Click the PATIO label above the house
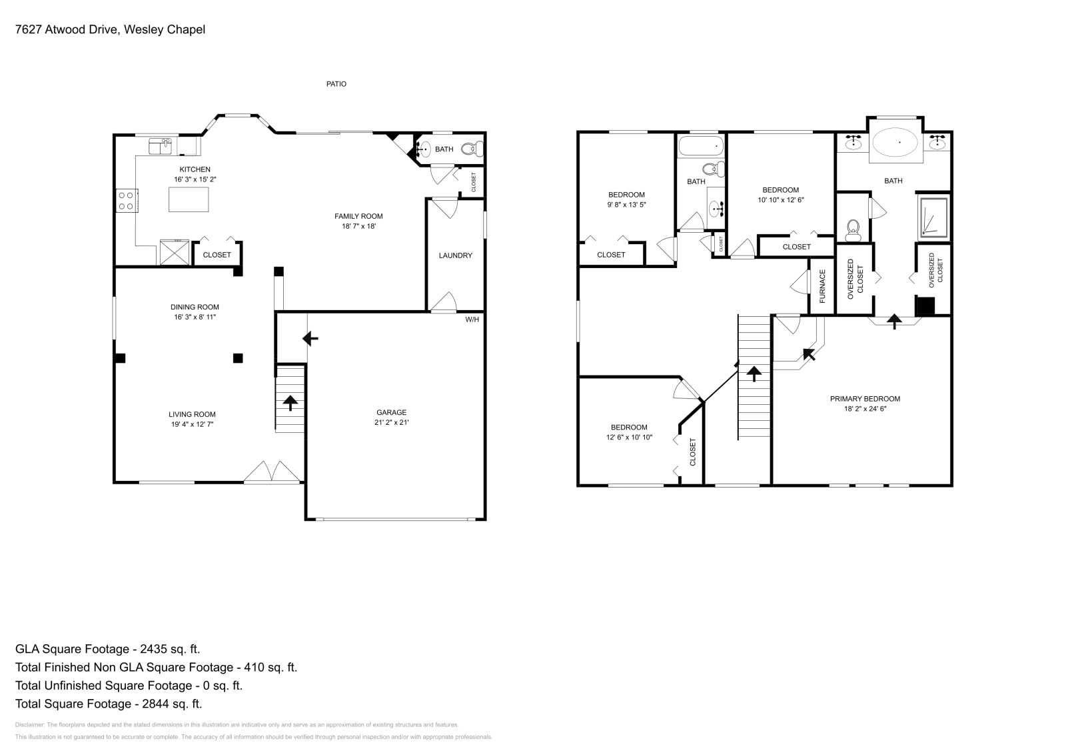pyautogui.click(x=336, y=84)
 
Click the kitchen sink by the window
pyautogui.click(x=160, y=145)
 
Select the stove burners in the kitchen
pyautogui.click(x=125, y=201)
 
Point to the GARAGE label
pyautogui.click(x=391, y=412)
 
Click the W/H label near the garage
pyautogui.click(x=472, y=319)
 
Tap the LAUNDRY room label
pyautogui.click(x=455, y=255)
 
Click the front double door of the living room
pyautogui.click(x=272, y=472)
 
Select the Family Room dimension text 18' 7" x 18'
pyautogui.click(x=358, y=226)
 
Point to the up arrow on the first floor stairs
pyautogui.click(x=290, y=403)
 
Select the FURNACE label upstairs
pyautogui.click(x=822, y=285)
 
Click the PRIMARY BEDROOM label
pyautogui.click(x=865, y=399)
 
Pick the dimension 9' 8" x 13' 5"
pyautogui.click(x=626, y=205)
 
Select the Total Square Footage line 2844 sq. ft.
pyautogui.click(x=109, y=703)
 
